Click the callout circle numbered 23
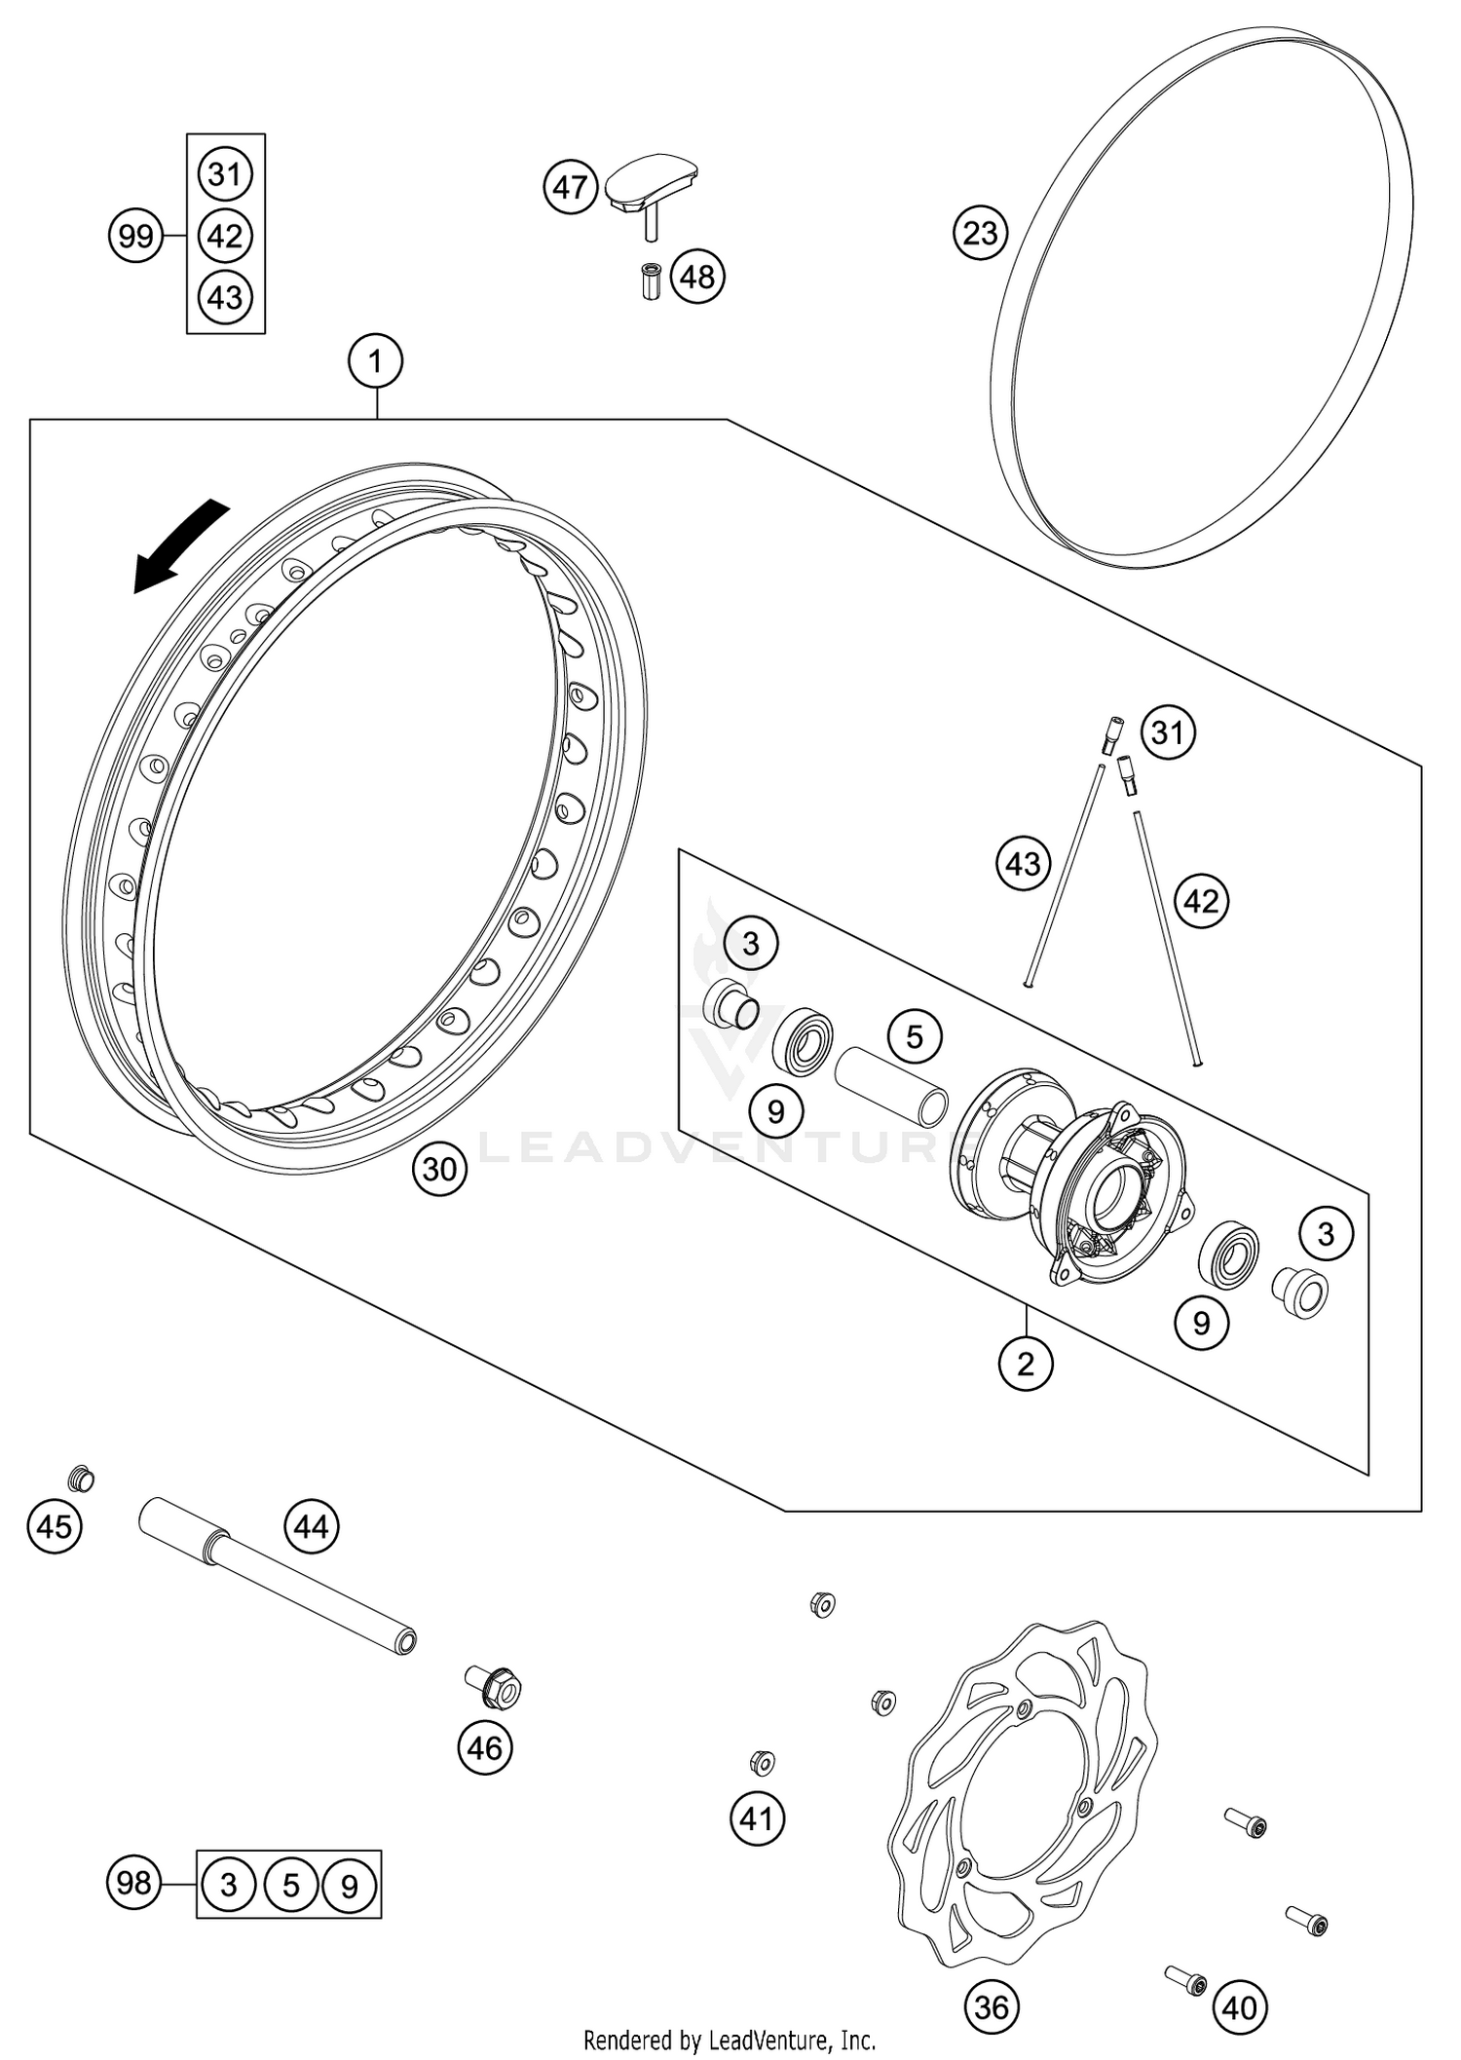pos(980,232)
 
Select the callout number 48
pos(697,277)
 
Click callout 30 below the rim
pos(439,1168)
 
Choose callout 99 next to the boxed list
pos(135,236)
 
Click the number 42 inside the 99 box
pos(225,236)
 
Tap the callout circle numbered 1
pos(375,362)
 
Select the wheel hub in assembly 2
pos(1071,1169)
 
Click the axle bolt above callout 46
pos(494,1685)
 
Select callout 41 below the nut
pos(757,1817)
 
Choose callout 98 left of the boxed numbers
pos(133,1883)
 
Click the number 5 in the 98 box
pos(290,1886)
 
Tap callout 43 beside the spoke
pos(1023,863)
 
